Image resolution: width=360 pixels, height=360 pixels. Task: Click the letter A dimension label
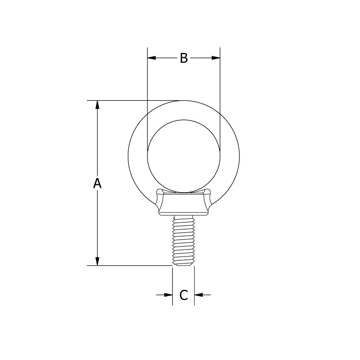click(x=97, y=183)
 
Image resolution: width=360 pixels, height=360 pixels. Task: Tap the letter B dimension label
click(x=184, y=58)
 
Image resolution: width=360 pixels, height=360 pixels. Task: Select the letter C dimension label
click(x=184, y=295)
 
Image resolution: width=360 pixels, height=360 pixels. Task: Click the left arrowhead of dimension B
click(x=152, y=58)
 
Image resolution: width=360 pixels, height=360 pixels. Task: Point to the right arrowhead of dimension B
click(x=216, y=58)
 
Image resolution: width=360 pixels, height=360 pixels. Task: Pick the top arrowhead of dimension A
click(x=97, y=105)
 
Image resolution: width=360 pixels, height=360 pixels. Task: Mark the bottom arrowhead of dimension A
click(x=97, y=261)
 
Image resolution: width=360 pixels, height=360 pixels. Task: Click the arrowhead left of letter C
click(x=168, y=295)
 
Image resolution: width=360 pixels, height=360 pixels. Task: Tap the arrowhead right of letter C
click(x=199, y=295)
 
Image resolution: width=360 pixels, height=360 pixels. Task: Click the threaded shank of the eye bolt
click(x=184, y=239)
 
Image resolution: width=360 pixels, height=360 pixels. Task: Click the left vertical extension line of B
click(x=147, y=90)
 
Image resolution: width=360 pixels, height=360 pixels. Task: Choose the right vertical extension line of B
click(x=220, y=90)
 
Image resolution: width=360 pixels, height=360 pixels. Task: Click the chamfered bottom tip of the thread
click(x=184, y=265)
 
